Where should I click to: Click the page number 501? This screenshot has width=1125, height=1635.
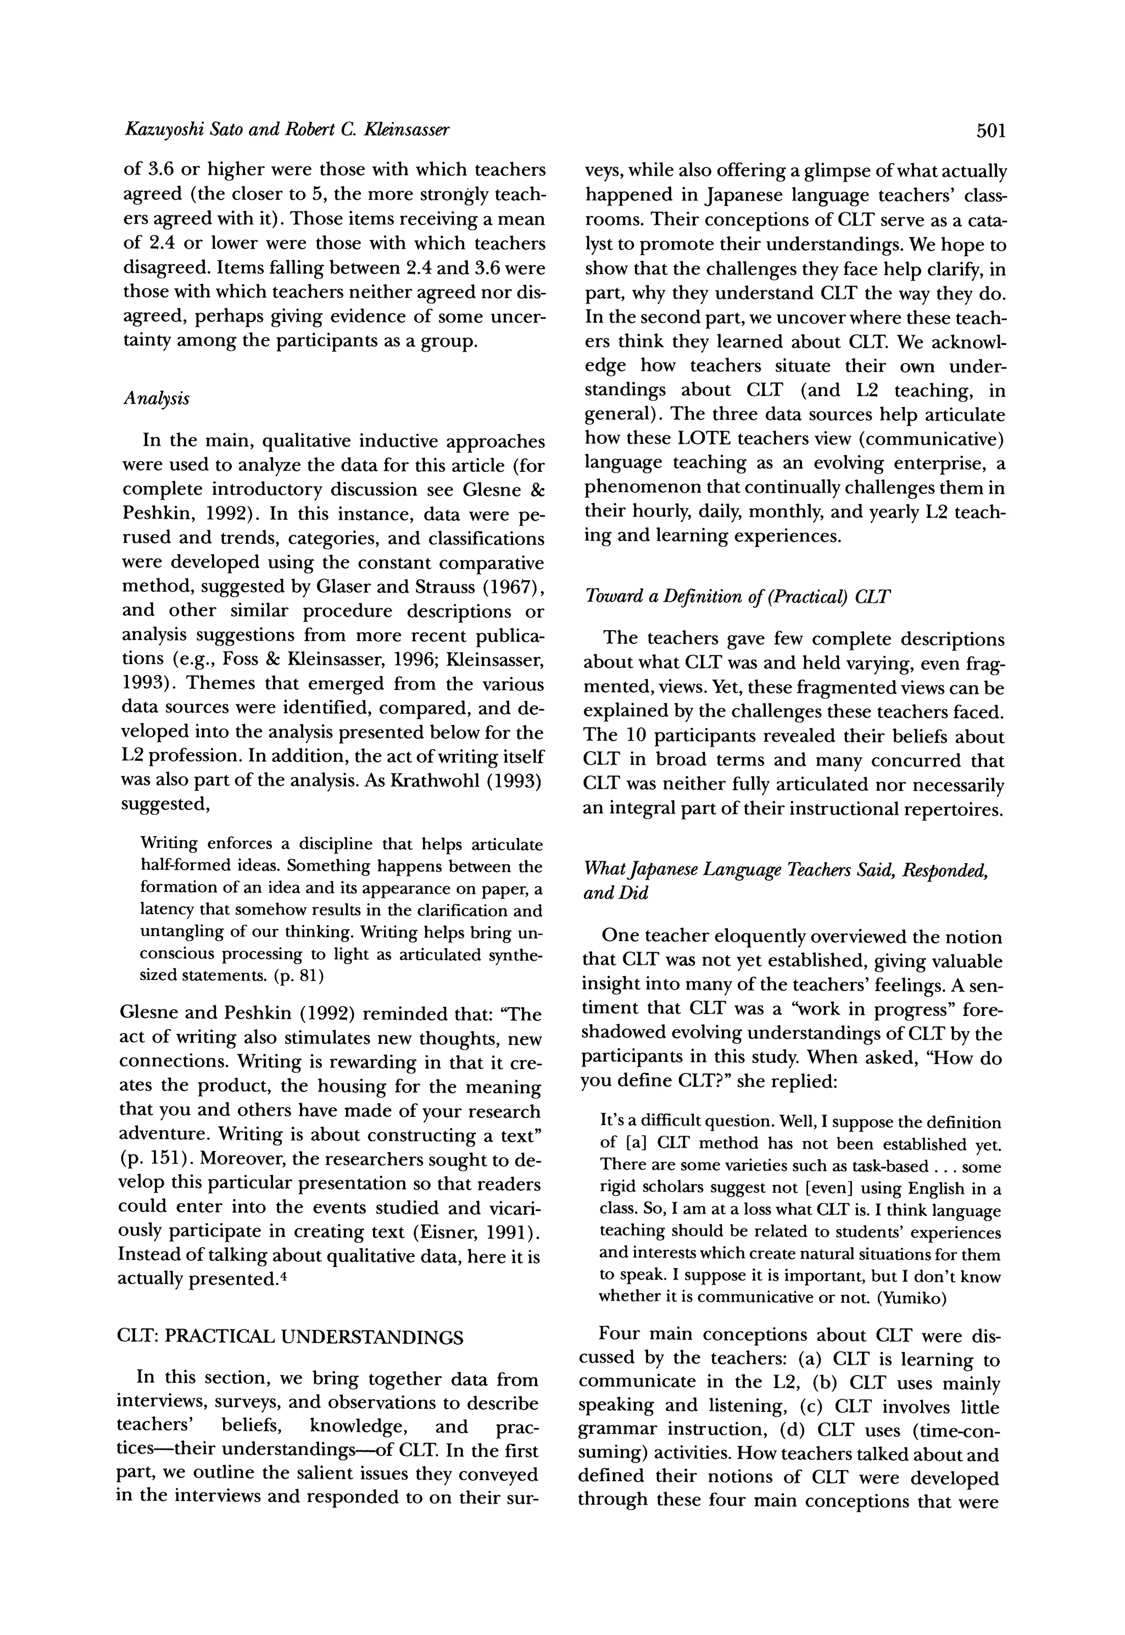pos(990,130)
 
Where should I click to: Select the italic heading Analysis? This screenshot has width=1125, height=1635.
pos(156,399)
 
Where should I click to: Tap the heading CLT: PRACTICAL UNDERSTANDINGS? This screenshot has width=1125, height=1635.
pos(289,1337)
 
